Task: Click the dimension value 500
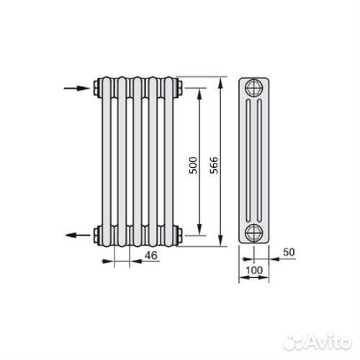tap(193, 165)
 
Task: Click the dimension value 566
tap(214, 165)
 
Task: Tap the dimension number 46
tap(151, 256)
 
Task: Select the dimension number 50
tap(289, 252)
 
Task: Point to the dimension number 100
tap(254, 271)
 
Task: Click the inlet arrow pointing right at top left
tap(77, 89)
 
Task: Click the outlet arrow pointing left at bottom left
tap(78, 235)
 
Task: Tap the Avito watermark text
tap(328, 341)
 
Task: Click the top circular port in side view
tap(254, 87)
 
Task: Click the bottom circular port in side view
tap(254, 233)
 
